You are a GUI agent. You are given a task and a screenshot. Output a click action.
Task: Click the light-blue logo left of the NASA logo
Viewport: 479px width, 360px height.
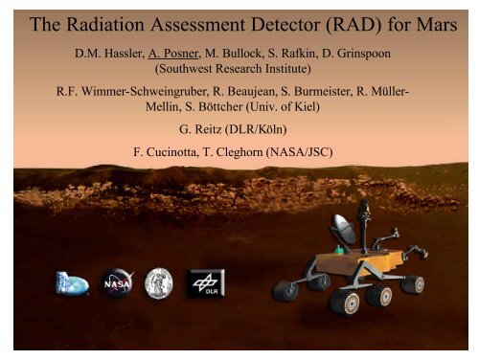75,284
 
